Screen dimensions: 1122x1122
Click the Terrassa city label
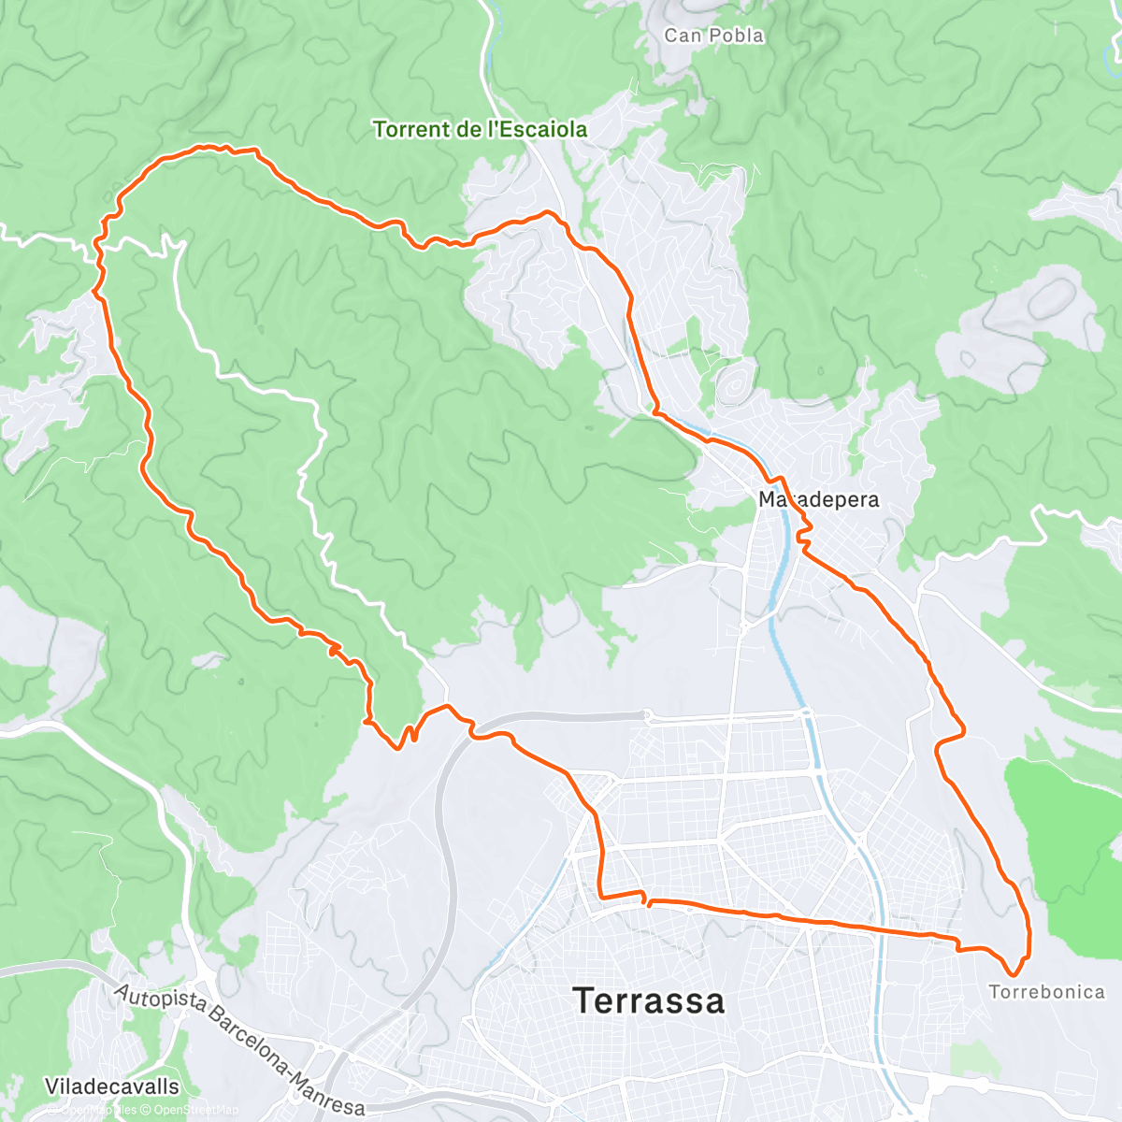point(649,1001)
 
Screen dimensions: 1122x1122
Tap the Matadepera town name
point(819,499)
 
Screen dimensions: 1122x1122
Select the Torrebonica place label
point(1046,992)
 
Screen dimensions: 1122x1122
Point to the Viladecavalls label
point(112,1086)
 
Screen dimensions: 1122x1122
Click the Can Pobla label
point(714,36)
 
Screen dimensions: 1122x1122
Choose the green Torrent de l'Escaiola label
point(481,129)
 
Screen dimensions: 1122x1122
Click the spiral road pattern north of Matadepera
point(736,382)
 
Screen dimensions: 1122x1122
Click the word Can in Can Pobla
point(682,36)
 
